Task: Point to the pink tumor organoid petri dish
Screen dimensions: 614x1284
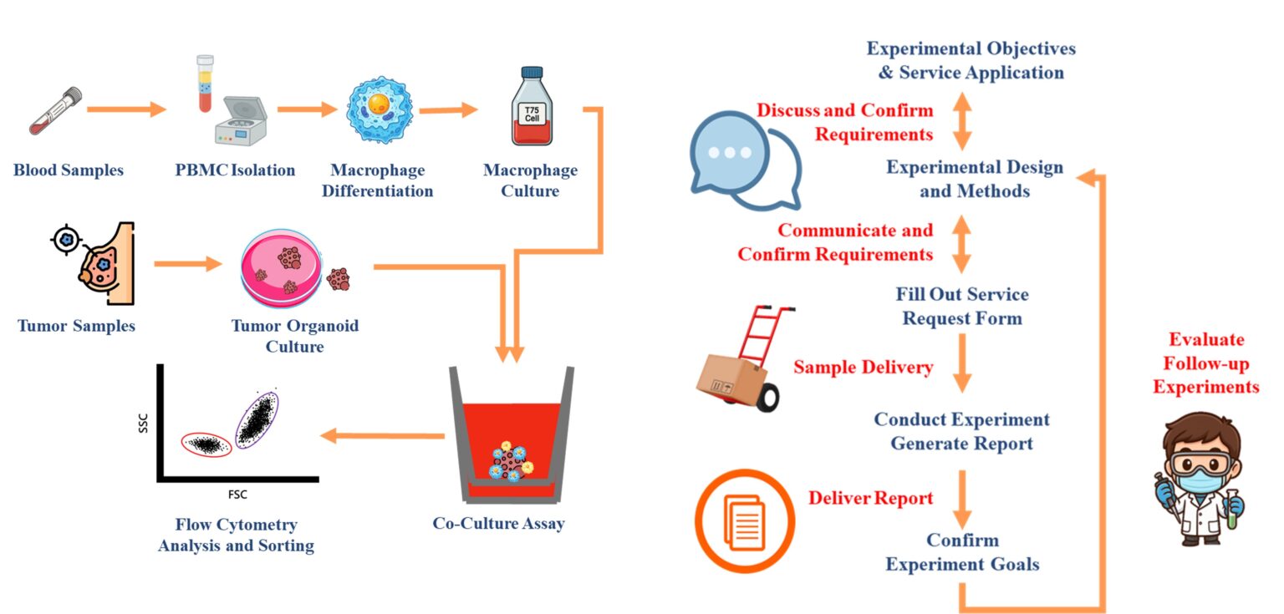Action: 281,268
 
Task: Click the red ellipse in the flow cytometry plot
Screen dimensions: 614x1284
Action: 206,444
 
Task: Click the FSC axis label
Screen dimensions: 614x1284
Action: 237,495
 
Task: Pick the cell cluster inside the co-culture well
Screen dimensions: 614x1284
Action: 510,459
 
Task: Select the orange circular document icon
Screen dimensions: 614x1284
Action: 743,520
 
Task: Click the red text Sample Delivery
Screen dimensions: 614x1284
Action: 864,367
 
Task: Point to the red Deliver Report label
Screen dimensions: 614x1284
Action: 870,499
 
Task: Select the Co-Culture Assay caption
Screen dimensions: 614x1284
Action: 498,525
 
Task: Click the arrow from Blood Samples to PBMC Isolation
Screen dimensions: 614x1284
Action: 126,109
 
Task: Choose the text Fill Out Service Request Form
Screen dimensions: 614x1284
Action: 962,306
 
